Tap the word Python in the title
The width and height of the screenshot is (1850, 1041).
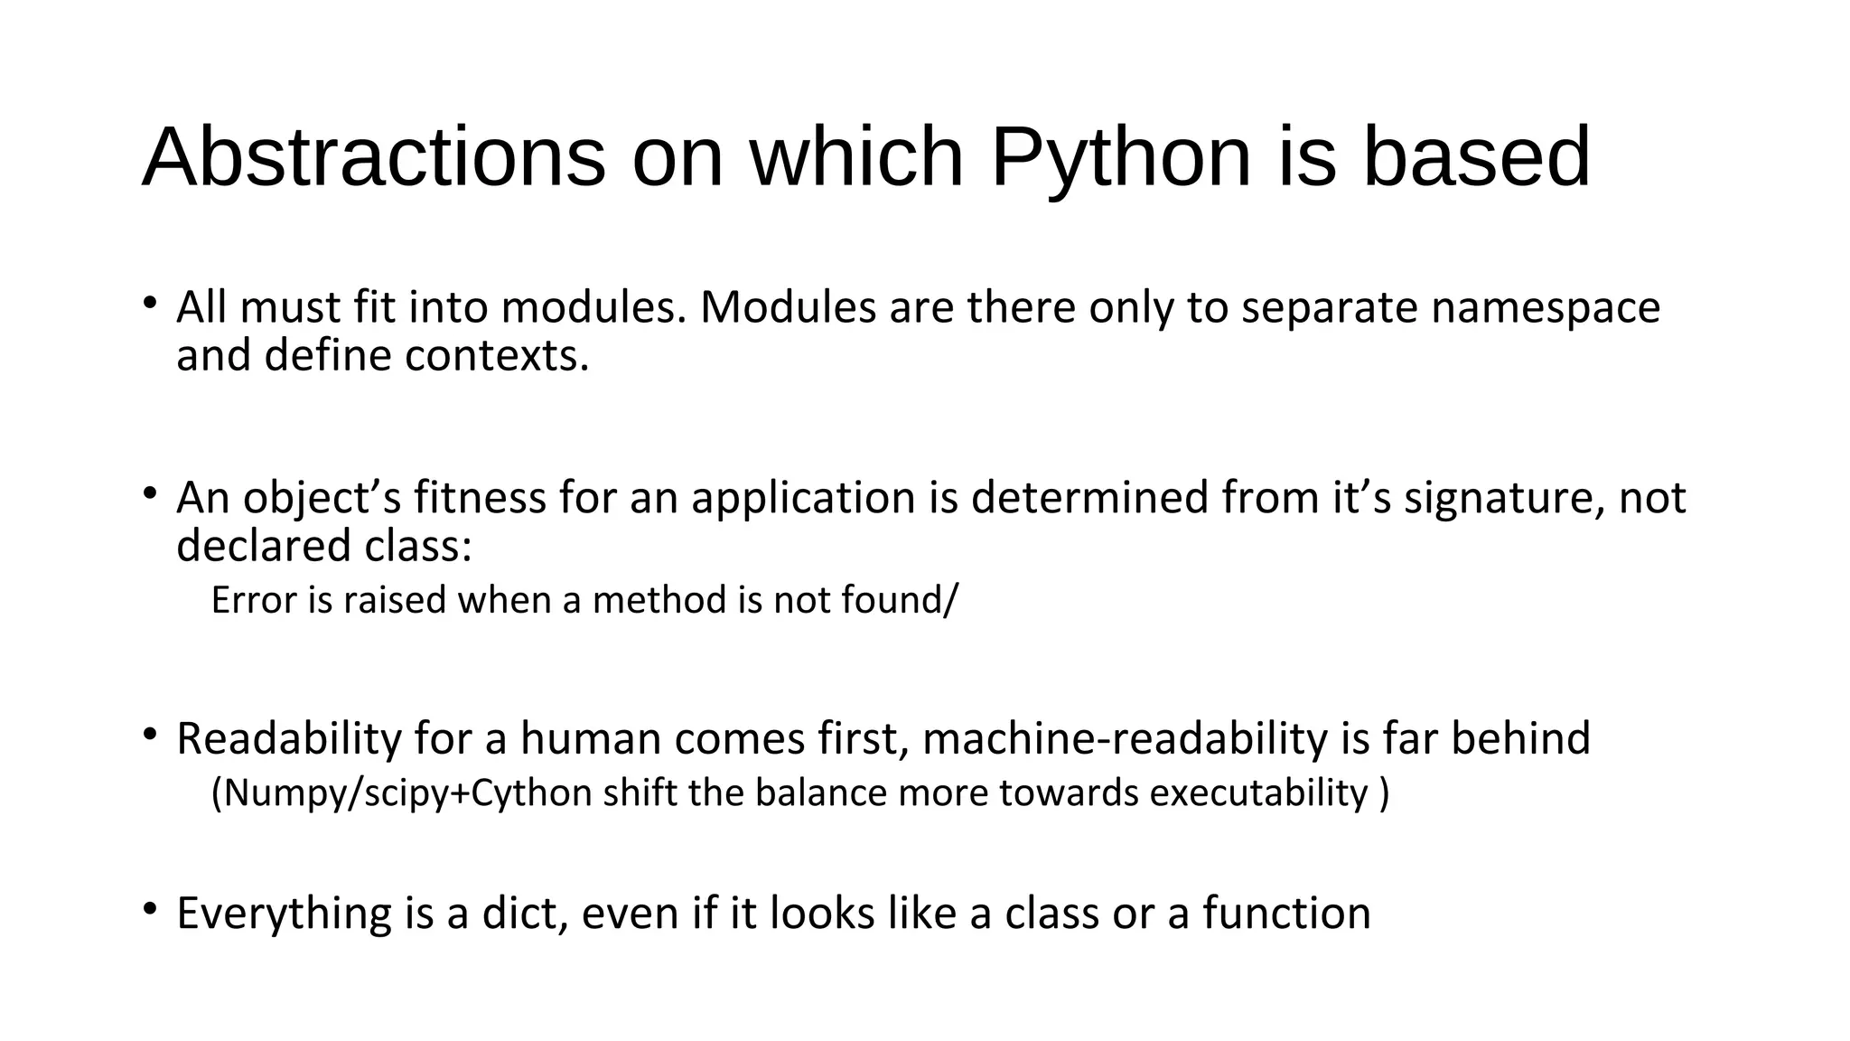point(1121,159)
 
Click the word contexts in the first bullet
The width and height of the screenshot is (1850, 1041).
point(496,356)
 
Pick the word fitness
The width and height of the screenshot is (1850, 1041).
point(480,498)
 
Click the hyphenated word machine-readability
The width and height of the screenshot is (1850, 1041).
point(1126,739)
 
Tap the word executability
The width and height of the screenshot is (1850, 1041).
point(1259,793)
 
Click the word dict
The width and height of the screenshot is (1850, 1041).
point(525,913)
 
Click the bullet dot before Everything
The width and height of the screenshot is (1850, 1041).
point(150,908)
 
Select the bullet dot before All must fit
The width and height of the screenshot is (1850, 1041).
point(150,302)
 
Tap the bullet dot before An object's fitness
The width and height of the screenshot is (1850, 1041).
point(150,492)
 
